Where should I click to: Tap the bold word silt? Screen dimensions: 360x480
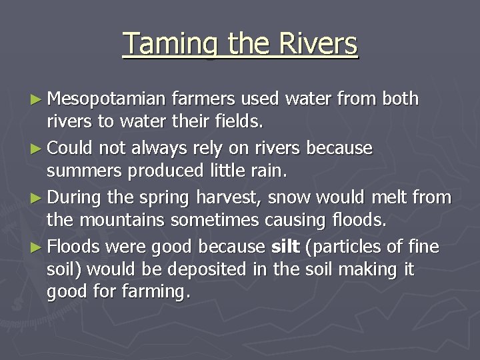pos(285,247)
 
